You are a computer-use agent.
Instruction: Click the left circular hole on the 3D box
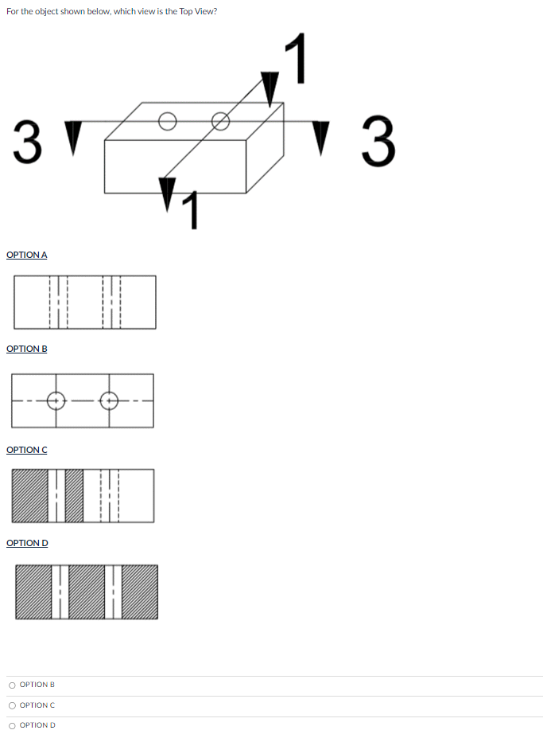[x=166, y=121]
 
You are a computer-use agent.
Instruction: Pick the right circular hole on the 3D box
[x=220, y=121]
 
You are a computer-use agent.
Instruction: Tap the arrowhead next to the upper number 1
[x=271, y=88]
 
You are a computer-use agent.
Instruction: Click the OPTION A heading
[x=26, y=255]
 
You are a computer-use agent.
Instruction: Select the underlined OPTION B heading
[x=26, y=349]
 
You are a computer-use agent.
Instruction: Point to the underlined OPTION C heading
[x=26, y=450]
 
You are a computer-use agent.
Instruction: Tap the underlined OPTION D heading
[x=26, y=543]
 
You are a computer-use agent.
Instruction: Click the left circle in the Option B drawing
[x=56, y=400]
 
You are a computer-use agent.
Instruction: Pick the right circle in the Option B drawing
[x=110, y=400]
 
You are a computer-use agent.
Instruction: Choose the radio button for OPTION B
[x=12, y=685]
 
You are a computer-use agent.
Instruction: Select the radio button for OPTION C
[x=12, y=705]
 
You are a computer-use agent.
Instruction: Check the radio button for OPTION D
[x=12, y=725]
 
